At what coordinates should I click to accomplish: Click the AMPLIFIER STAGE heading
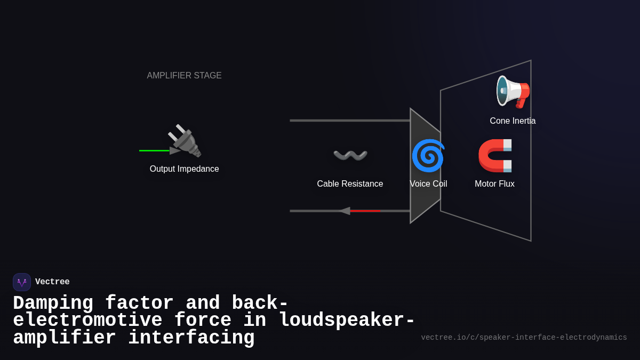[184, 76]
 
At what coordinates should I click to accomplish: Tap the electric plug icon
[185, 141]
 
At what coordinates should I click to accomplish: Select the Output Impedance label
[184, 169]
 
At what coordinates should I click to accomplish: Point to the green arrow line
[154, 150]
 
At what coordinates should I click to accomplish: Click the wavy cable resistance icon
[350, 155]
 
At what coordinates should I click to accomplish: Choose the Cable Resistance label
[350, 184]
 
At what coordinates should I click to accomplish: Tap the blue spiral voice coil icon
[428, 156]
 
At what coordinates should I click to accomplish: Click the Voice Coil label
[428, 184]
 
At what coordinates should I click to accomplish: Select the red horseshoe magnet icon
[495, 156]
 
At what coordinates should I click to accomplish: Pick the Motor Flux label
[494, 184]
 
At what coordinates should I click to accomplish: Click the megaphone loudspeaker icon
[513, 92]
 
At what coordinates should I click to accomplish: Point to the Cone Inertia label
[513, 121]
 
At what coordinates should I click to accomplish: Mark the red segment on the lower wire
[365, 211]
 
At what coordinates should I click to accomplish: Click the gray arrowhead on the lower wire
[345, 211]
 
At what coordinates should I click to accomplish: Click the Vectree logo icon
[22, 282]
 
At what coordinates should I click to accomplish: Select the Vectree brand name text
[52, 282]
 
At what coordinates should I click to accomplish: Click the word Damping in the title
[53, 303]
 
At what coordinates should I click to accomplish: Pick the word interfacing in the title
[191, 338]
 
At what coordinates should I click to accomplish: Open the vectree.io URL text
[524, 338]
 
